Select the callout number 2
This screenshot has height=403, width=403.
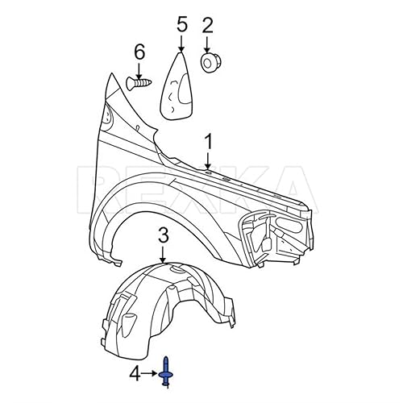[207, 25]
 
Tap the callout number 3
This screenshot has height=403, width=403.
[164, 235]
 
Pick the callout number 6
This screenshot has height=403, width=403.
[139, 52]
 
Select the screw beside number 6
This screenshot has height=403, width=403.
[139, 81]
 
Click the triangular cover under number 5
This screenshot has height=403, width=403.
[179, 86]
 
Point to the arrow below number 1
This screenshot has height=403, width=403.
[209, 160]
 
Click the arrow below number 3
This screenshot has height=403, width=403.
[164, 253]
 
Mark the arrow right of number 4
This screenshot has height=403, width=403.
[151, 372]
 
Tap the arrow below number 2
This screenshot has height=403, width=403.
[208, 43]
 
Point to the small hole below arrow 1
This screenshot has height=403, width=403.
[208, 172]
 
